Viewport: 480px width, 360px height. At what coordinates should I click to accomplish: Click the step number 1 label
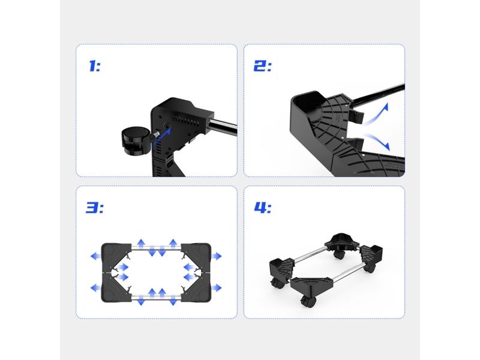(x=95, y=66)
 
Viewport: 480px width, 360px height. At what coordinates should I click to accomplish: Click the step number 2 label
(x=263, y=66)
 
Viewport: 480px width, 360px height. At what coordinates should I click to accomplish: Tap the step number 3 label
(x=95, y=208)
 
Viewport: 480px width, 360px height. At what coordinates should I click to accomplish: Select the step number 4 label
(x=263, y=208)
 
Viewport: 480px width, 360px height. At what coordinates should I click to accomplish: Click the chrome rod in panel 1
(x=222, y=126)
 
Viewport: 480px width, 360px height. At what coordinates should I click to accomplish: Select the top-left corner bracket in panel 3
(x=117, y=257)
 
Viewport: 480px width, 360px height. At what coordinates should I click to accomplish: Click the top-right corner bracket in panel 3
(x=196, y=257)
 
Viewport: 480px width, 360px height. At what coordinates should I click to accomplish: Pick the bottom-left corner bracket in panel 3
(x=117, y=287)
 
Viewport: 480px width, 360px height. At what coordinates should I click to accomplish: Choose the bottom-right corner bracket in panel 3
(x=196, y=287)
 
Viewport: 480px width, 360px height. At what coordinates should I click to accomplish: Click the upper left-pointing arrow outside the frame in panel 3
(x=95, y=256)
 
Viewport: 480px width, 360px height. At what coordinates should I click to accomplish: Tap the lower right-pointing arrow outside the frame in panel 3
(x=217, y=288)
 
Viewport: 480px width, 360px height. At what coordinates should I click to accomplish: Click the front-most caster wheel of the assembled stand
(x=308, y=302)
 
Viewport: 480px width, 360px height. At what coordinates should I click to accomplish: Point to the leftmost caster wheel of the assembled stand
(x=277, y=283)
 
